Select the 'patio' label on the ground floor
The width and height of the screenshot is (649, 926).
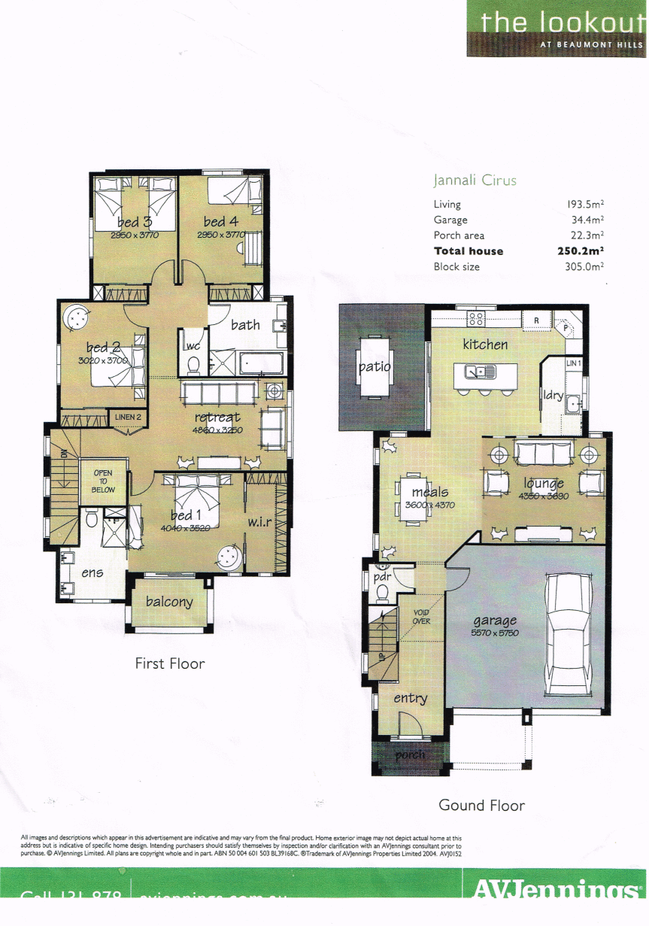click(374, 367)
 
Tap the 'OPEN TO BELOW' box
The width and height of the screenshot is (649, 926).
click(102, 481)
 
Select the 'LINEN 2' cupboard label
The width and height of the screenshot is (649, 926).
click(127, 417)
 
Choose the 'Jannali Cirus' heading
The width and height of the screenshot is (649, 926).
click(475, 181)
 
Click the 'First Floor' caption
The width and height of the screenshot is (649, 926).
click(169, 663)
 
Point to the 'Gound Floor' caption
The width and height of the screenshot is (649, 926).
click(481, 805)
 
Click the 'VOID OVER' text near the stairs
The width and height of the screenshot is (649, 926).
click(421, 617)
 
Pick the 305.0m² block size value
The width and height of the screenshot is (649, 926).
click(586, 267)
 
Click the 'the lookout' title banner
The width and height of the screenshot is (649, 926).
click(557, 28)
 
